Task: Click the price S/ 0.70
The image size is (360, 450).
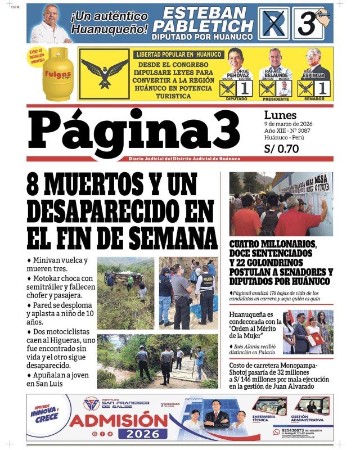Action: (x=281, y=150)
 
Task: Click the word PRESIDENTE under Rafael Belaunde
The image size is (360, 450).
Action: (x=275, y=98)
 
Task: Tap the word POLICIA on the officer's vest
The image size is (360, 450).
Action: (x=208, y=278)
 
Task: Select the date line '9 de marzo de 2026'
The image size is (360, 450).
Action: (x=288, y=124)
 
